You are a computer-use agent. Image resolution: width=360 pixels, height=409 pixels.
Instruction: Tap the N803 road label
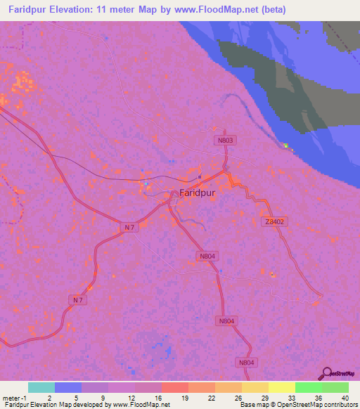pos(224,141)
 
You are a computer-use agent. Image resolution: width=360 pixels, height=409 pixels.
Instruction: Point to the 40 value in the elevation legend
pos(345,396)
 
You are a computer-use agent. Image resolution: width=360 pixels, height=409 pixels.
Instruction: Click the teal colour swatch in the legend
pos(41,387)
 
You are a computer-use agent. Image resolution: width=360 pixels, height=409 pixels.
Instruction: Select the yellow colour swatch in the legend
pos(281,387)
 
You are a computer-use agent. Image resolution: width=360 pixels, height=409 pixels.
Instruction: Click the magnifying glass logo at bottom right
pos(326,374)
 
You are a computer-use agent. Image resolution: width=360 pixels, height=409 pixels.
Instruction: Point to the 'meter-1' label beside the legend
pos(15,396)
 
